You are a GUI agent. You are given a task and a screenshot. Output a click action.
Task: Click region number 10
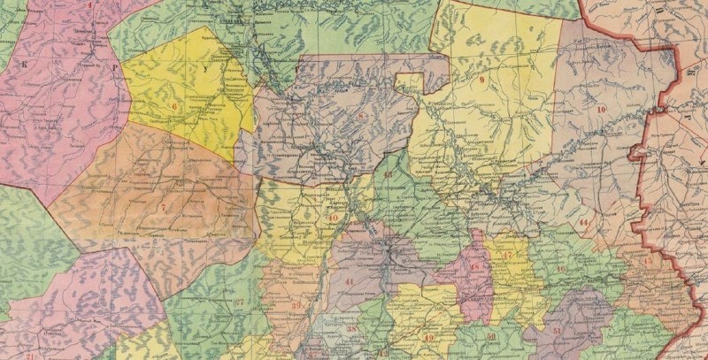coord(601,109)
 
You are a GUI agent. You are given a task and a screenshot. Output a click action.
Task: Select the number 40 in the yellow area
coord(333,218)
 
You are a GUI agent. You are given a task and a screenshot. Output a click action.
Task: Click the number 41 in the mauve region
coord(349,281)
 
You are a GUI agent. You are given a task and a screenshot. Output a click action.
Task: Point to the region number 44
coord(583,222)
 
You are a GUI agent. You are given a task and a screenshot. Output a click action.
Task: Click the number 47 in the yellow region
coord(506,257)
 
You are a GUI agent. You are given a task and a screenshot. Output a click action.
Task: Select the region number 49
coord(428,338)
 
